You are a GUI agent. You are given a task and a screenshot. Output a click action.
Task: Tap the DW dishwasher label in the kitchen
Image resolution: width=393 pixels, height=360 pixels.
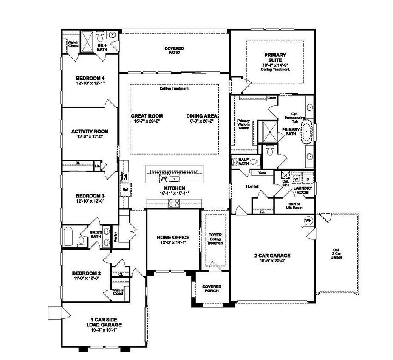point(164,178)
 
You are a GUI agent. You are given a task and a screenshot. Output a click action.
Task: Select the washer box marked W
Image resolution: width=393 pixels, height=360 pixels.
point(297,179)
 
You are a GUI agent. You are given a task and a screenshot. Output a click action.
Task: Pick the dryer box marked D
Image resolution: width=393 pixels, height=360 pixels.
point(308,179)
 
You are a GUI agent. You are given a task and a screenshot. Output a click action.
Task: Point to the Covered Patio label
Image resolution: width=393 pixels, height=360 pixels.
point(174,51)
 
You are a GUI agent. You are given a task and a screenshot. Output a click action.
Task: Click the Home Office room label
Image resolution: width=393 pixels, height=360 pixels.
point(173,237)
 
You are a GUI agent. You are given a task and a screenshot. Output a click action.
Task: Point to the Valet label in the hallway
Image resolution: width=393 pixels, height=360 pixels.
point(256,173)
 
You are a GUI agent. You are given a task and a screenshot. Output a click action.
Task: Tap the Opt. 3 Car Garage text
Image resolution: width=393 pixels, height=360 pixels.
point(336,254)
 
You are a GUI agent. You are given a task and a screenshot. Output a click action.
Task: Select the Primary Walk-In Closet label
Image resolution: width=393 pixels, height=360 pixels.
point(243,124)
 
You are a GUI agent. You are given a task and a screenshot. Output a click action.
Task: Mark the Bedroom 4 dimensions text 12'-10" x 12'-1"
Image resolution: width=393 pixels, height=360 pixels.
point(90,83)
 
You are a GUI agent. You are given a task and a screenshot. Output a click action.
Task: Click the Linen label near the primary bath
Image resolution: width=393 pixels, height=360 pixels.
point(272,98)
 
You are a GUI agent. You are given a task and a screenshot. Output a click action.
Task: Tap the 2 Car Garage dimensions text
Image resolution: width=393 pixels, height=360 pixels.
point(272,261)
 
